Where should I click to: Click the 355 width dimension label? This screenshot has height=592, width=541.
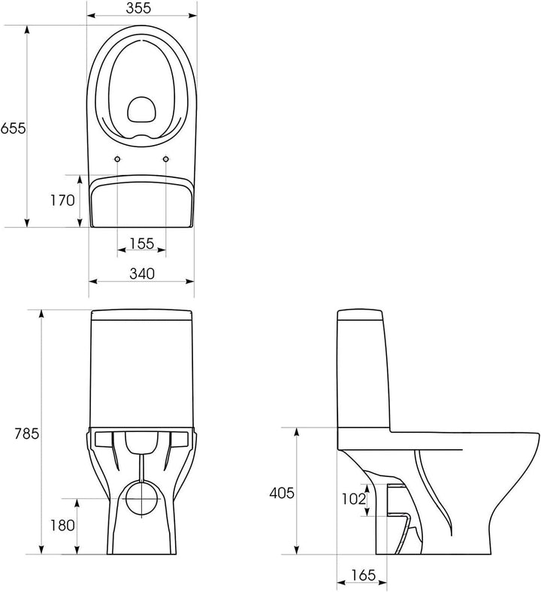pos(138,8)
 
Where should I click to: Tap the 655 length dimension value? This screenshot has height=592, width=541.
pos(14,128)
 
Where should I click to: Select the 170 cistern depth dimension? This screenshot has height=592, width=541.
pos(62,200)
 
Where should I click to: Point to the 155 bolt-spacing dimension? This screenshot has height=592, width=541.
pos(142,243)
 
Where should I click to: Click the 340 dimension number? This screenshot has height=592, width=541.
pos(142,273)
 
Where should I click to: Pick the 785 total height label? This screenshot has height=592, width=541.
pos(27,433)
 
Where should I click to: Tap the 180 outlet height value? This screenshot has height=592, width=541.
pos(62,525)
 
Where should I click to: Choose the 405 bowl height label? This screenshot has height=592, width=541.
pos(281,493)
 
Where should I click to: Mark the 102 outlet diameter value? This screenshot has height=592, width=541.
pos(354,499)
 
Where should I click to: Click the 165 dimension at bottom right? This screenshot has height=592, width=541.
pos(364,575)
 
